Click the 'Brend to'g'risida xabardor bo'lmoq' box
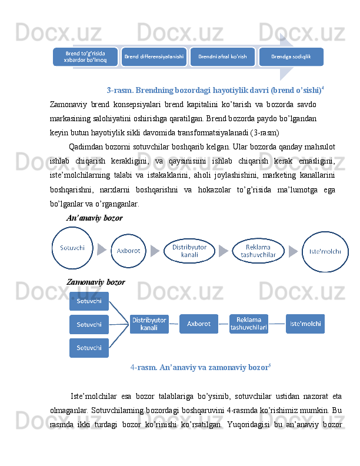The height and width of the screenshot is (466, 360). [x=85, y=56]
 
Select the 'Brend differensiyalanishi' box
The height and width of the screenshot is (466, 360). [x=154, y=56]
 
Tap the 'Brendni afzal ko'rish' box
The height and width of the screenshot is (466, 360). [x=222, y=56]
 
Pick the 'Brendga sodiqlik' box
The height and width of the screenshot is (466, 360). [x=291, y=56]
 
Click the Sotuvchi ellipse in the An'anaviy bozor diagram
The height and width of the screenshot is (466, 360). [x=72, y=248]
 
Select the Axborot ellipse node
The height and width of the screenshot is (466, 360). [x=128, y=251]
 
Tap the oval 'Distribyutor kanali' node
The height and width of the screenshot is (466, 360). [x=189, y=251]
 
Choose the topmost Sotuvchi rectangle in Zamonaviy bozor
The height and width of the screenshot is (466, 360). [x=89, y=301]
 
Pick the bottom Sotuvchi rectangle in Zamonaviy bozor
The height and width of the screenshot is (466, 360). [x=89, y=348]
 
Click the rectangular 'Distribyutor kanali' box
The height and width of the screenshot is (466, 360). [x=149, y=324]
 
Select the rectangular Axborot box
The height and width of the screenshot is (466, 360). [x=198, y=324]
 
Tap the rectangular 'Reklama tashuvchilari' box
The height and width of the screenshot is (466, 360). [x=248, y=324]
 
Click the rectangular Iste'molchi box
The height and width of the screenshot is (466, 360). [x=305, y=324]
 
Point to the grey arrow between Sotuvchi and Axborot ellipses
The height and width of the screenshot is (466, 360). [x=102, y=251]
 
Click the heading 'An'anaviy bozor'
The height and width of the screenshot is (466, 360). [x=95, y=218]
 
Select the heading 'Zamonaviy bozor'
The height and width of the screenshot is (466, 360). [x=96, y=282]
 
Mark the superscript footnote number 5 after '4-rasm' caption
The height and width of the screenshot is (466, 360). [x=269, y=366]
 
